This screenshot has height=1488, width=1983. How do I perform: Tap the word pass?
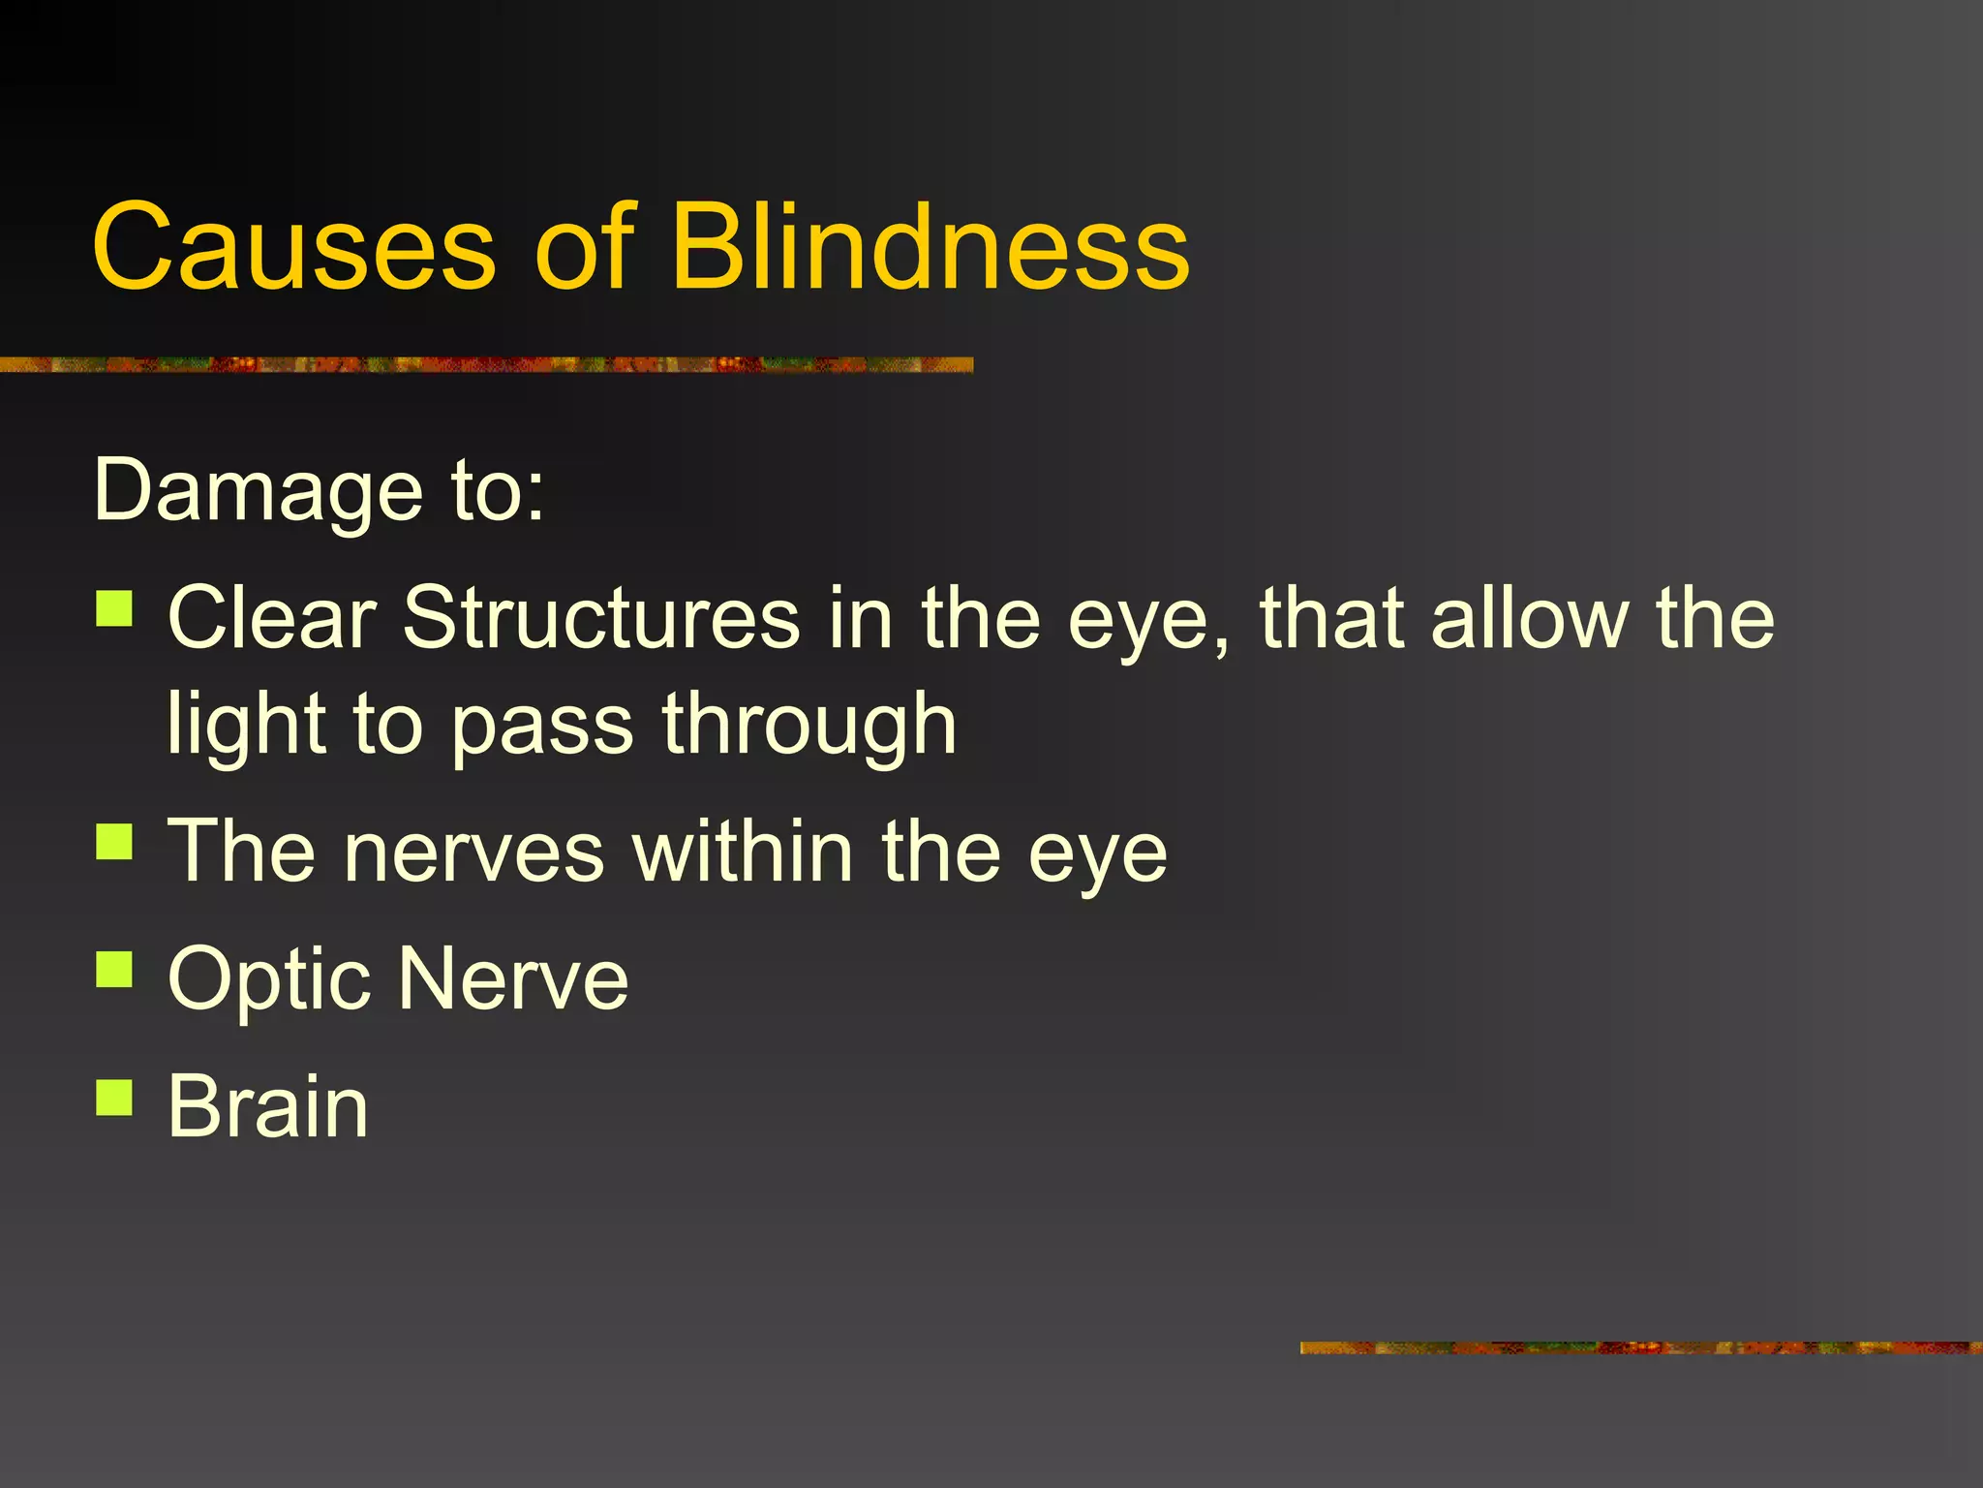coord(542,727)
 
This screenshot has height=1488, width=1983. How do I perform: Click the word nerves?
coord(474,852)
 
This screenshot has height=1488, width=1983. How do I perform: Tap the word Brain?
coord(267,1106)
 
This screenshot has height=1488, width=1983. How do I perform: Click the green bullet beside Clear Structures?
coord(114,610)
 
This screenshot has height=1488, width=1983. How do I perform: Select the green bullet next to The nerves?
coord(114,842)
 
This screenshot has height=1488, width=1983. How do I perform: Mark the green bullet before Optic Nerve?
coord(114,969)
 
